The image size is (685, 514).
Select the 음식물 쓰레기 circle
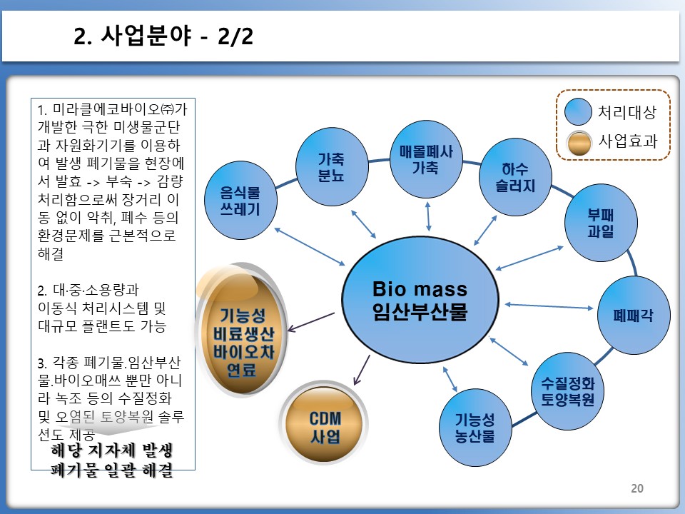(240, 200)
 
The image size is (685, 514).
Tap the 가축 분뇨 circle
(332, 166)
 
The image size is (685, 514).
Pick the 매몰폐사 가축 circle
(426, 159)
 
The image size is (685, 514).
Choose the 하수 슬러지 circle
(515, 177)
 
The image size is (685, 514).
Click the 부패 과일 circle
(601, 223)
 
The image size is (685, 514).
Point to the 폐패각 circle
(634, 315)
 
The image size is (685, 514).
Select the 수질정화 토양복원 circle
(568, 391)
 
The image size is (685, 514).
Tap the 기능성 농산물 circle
(475, 428)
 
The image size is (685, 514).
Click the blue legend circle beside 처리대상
(578, 111)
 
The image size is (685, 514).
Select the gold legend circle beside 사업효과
(579, 143)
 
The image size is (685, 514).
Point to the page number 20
(637, 488)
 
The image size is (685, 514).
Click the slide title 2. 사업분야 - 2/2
(163, 36)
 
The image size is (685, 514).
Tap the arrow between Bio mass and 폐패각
(549, 306)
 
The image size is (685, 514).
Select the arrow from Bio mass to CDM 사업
(362, 370)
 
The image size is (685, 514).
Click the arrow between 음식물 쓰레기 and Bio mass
(309, 246)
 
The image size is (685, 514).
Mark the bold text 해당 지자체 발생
(112, 450)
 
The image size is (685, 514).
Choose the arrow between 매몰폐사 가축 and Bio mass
(428, 216)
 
